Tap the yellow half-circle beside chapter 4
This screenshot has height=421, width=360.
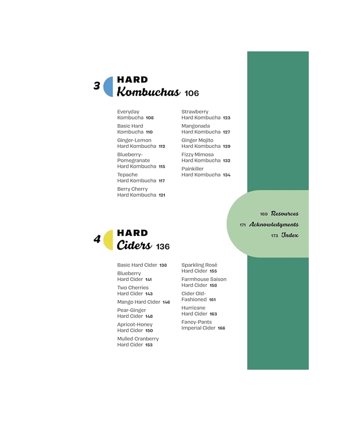click(x=109, y=240)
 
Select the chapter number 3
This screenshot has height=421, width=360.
click(x=97, y=86)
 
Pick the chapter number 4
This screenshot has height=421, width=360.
click(x=97, y=239)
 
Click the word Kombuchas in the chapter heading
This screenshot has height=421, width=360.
click(x=149, y=92)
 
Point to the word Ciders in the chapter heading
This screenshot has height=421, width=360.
click(x=134, y=245)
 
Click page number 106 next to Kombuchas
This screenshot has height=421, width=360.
click(x=192, y=93)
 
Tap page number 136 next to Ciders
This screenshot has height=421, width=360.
click(x=163, y=246)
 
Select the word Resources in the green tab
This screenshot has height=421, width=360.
click(x=285, y=214)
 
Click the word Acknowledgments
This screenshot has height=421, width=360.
click(x=274, y=224)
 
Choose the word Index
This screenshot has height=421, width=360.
click(x=290, y=235)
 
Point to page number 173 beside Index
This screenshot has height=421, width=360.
click(x=274, y=236)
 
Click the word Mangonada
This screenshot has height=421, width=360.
click(x=196, y=126)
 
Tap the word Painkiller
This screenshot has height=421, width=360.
click(x=192, y=169)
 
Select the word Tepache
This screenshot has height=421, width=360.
click(x=127, y=175)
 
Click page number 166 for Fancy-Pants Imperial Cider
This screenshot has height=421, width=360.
click(x=222, y=328)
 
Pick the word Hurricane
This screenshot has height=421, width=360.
click(x=194, y=308)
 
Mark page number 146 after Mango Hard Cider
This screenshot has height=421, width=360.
click(x=166, y=302)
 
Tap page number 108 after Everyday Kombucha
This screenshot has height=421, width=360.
click(x=150, y=117)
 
